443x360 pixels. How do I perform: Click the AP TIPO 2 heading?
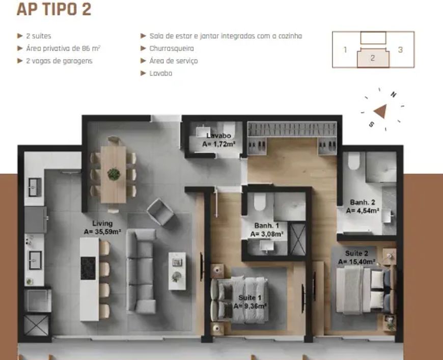pos(54,9)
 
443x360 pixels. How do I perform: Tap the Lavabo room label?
pos(218,135)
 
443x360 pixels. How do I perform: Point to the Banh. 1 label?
pos(266,226)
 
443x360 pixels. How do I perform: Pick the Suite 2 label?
pos(356,253)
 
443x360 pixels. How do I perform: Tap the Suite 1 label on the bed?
pos(250,297)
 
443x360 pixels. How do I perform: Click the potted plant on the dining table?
pos(114,174)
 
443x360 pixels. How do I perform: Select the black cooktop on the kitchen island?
pos(88,268)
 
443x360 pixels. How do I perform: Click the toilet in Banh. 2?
pos(354,160)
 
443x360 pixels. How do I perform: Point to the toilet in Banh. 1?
pos(259,202)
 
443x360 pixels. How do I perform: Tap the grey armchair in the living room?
pos(160,212)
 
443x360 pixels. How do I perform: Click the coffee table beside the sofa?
pos(177,271)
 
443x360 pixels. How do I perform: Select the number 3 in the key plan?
pos(400,50)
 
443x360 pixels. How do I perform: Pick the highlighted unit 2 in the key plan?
pos(373,58)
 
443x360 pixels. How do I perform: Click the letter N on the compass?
pos(393,94)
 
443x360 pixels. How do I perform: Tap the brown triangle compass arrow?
pos(380,111)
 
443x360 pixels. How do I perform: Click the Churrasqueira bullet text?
pos(172,48)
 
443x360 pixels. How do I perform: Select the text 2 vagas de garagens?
pos(60,61)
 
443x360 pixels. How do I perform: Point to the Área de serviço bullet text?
pos(174,61)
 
